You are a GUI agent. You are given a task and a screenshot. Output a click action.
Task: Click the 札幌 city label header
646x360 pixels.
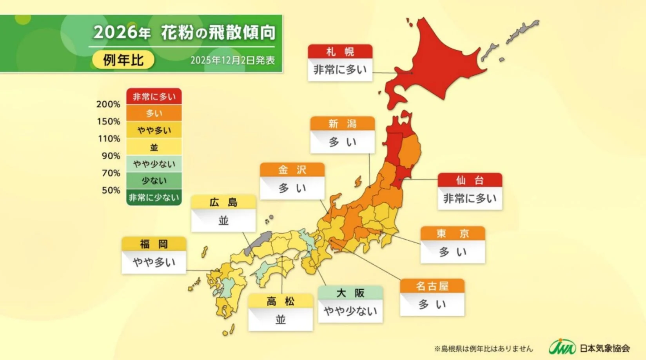coord(340,51)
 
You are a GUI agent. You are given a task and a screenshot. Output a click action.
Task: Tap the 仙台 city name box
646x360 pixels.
coord(470,180)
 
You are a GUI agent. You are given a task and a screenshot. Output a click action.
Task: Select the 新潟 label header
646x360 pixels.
coord(342,124)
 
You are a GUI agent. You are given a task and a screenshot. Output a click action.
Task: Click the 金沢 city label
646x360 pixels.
coord(292,170)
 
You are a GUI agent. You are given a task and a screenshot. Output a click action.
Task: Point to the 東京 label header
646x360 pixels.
coord(452,234)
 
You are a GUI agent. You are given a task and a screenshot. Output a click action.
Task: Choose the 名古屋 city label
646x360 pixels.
coord(432,286)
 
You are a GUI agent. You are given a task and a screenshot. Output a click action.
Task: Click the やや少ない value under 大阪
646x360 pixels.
coord(350,311)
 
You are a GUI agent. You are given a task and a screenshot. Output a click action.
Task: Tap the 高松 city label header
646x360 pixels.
coord(280,301)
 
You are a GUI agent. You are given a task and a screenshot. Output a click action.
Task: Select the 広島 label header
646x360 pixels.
coord(223,202)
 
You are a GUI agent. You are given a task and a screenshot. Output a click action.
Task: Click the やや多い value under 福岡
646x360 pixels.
coord(154,262)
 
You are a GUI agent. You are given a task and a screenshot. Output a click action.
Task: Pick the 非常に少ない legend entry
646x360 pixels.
coord(154,197)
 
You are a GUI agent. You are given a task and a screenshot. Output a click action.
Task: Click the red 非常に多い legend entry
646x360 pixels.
coord(154,96)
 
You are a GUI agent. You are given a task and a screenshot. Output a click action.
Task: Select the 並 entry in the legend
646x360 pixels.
coord(154,147)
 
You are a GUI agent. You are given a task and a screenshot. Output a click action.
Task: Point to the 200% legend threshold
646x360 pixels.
coord(108,104)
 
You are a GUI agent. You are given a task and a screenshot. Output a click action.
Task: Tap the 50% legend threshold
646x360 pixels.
coord(111,190)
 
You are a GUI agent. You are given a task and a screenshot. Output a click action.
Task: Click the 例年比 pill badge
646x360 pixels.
coord(123,60)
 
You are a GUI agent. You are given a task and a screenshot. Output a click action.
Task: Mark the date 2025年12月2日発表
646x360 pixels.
coord(232,60)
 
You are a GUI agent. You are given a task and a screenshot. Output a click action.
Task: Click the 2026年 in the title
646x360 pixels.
coord(122,33)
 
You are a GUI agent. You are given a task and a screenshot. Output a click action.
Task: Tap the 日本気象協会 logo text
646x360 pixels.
coord(604,348)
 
